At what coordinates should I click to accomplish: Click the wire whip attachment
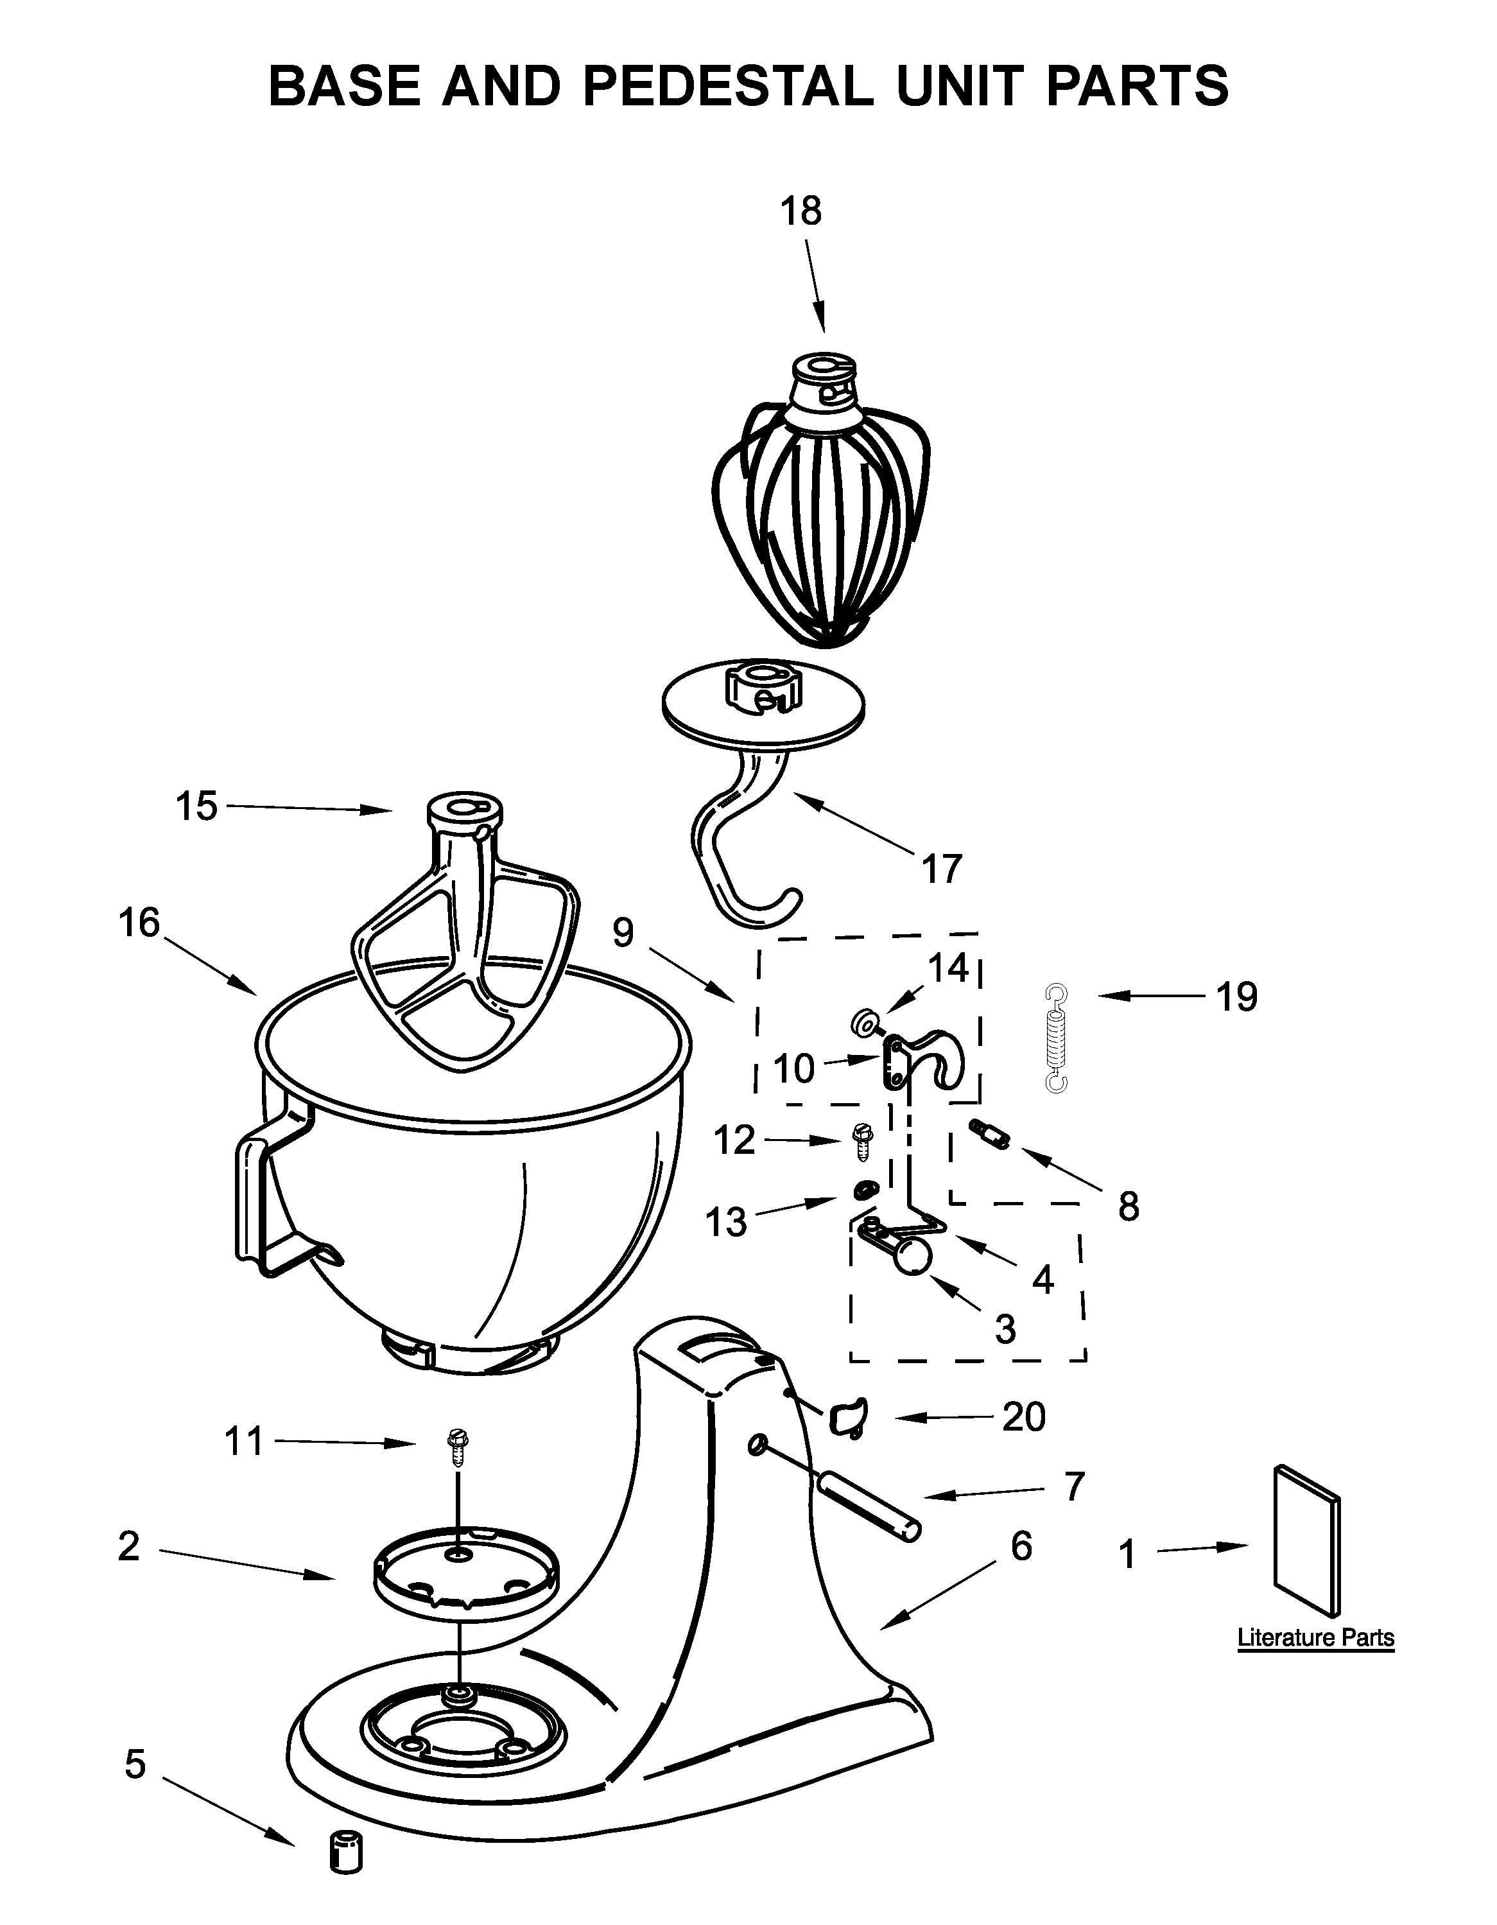coord(819,511)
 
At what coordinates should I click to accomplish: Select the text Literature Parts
coord(1315,1637)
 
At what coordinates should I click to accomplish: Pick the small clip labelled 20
coord(846,1416)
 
